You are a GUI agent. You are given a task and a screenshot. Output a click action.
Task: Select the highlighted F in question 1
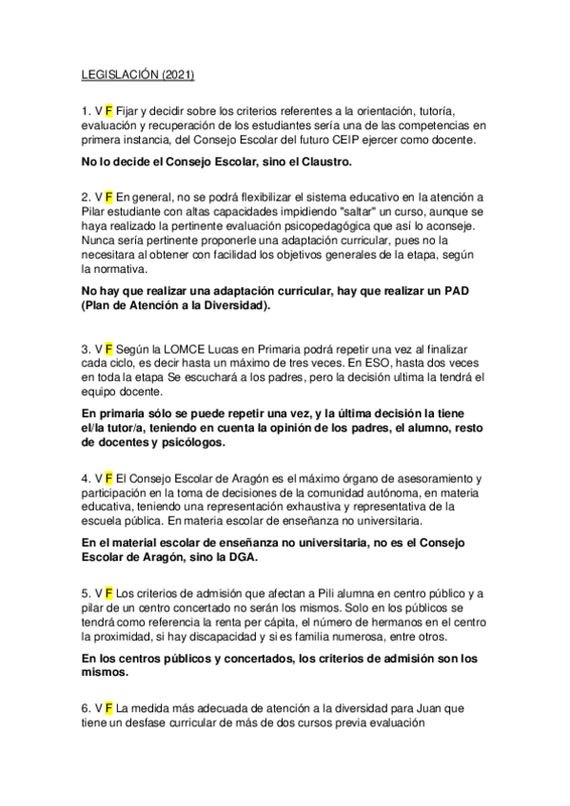[x=109, y=110]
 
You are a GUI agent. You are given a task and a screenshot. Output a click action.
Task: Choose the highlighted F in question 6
[x=109, y=708]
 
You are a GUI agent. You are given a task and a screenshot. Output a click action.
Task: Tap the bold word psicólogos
[x=187, y=442]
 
